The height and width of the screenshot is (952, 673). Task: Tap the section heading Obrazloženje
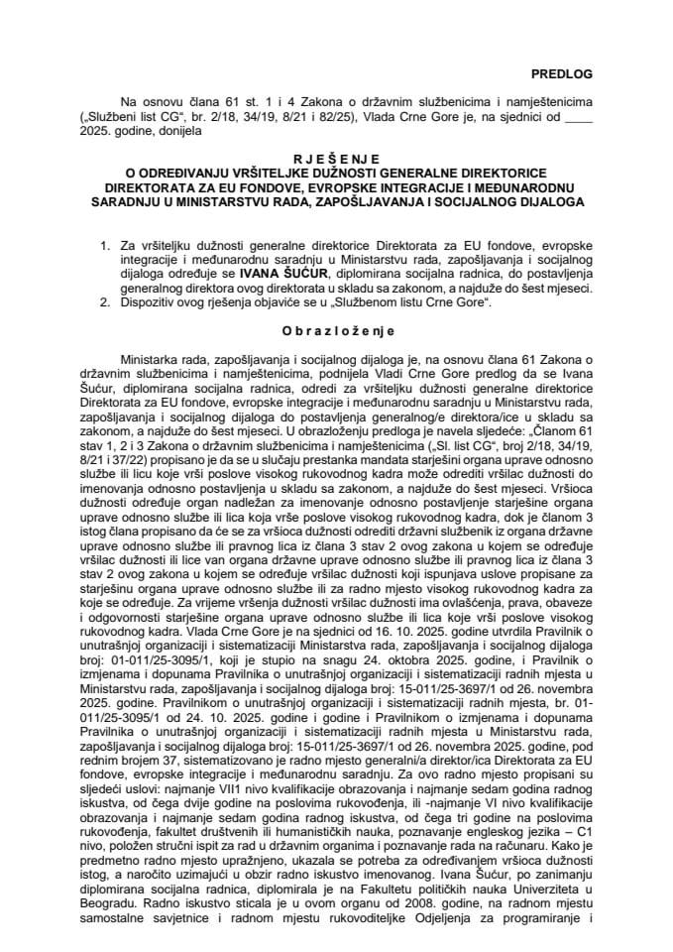tap(336, 330)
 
